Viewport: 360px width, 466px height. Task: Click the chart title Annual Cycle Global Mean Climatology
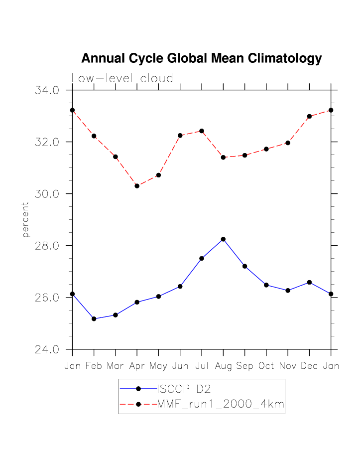point(201,59)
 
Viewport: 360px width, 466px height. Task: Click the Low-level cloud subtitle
point(122,79)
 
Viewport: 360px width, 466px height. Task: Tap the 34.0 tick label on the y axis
point(47,91)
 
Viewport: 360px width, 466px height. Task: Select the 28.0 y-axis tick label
point(47,246)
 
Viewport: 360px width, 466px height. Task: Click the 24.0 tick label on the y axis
point(47,349)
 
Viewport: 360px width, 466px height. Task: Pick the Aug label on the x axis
point(223,366)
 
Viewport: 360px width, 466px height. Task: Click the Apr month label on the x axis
point(137,366)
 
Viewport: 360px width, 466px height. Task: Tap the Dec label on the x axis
point(309,366)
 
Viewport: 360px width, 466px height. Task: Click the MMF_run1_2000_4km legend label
point(221,405)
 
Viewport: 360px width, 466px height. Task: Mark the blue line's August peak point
point(223,239)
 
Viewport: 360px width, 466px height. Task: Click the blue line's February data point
point(94,318)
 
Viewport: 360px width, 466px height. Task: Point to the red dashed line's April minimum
point(137,186)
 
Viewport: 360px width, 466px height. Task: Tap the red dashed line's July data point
point(202,131)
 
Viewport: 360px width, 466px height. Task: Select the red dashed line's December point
point(309,116)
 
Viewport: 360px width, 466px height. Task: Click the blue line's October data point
point(266,285)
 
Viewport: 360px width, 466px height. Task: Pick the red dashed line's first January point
point(72,110)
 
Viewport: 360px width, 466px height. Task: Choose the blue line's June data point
point(180,287)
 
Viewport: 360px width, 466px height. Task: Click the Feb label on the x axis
point(94,366)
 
